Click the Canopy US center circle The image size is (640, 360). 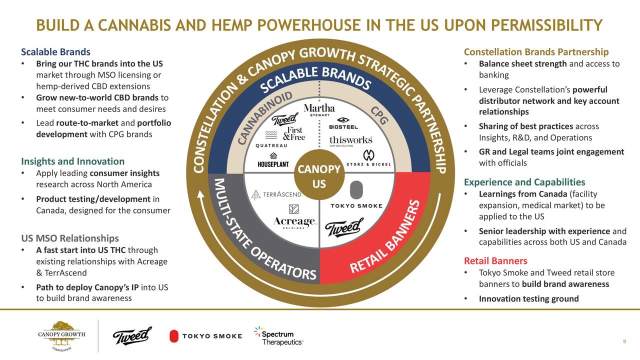(x=319, y=175)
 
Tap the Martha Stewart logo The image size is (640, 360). (x=319, y=109)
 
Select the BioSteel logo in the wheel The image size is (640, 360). (x=343, y=123)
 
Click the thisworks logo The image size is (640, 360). (x=351, y=141)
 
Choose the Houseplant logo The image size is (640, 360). (x=273, y=160)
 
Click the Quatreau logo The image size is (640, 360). (x=271, y=139)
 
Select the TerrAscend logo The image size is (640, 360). (x=276, y=194)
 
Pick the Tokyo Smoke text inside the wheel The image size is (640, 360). (x=356, y=205)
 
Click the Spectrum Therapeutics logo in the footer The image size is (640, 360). (x=278, y=335)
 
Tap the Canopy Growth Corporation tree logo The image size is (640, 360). (x=61, y=336)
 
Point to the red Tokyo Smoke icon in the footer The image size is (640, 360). (x=174, y=336)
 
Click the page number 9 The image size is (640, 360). (x=624, y=341)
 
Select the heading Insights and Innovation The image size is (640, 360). (x=73, y=161)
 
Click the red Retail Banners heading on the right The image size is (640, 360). (x=495, y=260)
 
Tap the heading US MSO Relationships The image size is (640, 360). (x=70, y=238)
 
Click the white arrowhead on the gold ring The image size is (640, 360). (x=201, y=194)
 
